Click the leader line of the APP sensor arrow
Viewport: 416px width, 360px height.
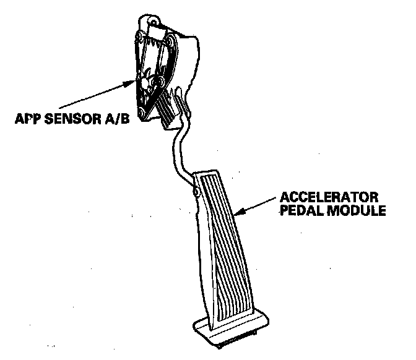(93, 95)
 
